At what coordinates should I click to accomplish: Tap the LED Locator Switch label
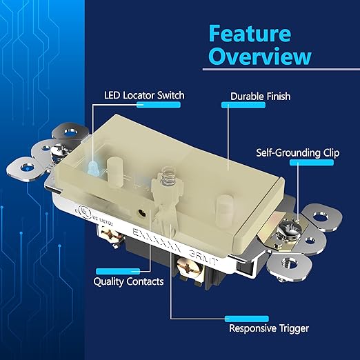[x=143, y=94]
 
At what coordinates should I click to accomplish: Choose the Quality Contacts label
[x=129, y=281]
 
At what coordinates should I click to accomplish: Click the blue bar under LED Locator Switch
[x=159, y=105]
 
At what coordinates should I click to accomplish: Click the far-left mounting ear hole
[x=20, y=166]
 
